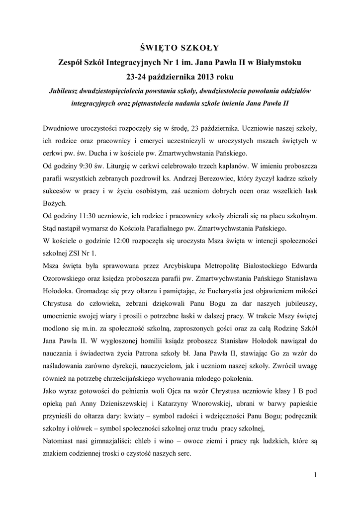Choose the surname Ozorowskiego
coord(66,277)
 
